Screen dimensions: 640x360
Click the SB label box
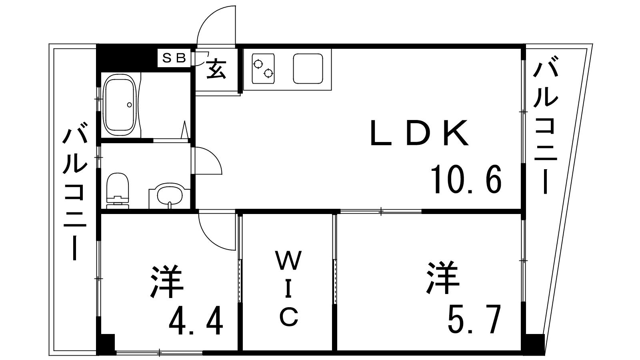tap(174, 58)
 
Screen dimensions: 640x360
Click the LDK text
tap(419, 133)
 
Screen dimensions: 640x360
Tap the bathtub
tap(120, 105)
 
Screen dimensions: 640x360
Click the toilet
tap(118, 190)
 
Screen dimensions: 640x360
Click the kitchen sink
tap(308, 68)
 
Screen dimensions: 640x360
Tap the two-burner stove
tap(263, 68)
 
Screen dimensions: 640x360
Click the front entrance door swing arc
tap(216, 25)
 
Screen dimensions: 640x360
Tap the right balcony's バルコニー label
tap(545, 126)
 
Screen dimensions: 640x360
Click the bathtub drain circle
tap(130, 105)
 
